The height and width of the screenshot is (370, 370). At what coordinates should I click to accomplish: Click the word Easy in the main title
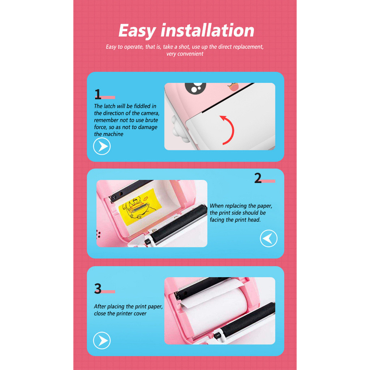[x=137, y=31]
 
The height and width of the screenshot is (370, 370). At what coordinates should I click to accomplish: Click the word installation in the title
[x=207, y=30]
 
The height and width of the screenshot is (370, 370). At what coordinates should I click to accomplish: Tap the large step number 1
[x=98, y=94]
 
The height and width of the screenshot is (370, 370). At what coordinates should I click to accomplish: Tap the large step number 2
[x=258, y=178]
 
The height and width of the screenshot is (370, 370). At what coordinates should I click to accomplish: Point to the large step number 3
[x=98, y=288]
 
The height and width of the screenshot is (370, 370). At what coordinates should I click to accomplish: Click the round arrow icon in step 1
[x=102, y=146]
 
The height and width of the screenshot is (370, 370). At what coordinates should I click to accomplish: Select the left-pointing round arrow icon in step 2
[x=268, y=238]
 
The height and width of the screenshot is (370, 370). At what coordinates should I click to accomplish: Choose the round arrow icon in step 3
[x=102, y=340]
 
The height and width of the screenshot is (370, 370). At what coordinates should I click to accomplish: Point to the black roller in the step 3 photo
[x=248, y=321]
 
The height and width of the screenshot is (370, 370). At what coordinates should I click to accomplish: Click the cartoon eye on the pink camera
[x=195, y=87]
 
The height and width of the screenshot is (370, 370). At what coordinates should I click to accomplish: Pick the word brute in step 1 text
[x=151, y=120]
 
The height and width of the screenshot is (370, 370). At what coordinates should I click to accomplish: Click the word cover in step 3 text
[x=140, y=314]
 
